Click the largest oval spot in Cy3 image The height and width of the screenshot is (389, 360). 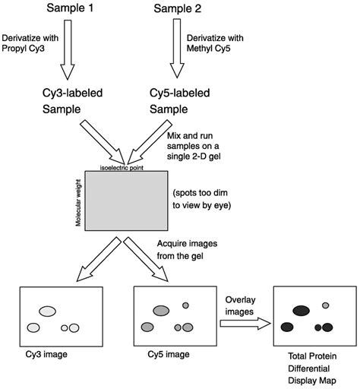(x=49, y=310)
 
